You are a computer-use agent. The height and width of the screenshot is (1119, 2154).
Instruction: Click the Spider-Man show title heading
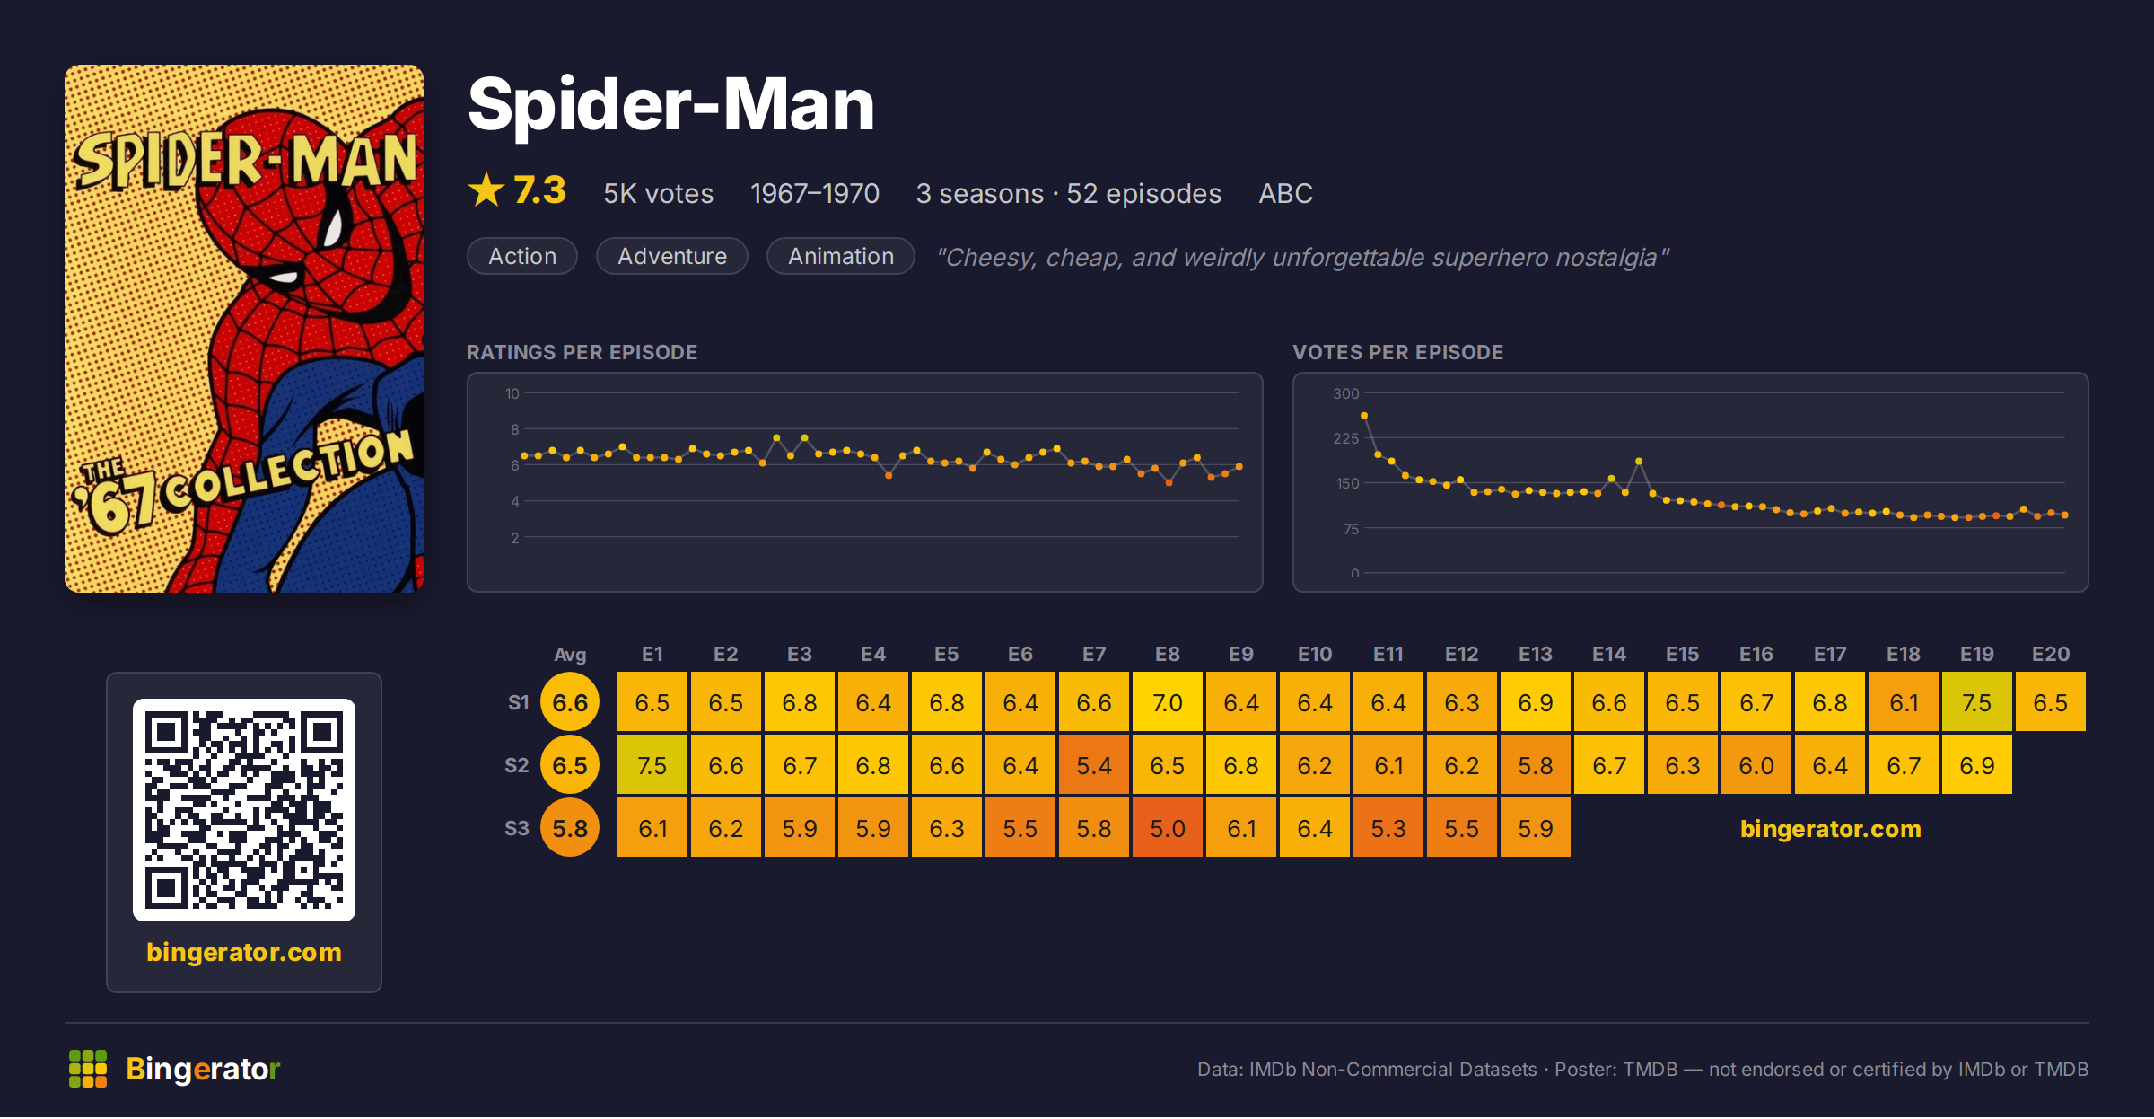[670, 104]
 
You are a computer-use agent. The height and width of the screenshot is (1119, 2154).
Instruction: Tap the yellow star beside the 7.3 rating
[486, 189]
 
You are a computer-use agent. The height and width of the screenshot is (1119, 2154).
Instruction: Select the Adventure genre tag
[672, 256]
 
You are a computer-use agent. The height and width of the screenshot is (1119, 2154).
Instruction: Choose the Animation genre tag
[841, 256]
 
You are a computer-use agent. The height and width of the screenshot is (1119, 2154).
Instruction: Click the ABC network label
[1285, 193]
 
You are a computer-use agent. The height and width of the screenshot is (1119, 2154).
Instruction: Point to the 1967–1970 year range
[815, 193]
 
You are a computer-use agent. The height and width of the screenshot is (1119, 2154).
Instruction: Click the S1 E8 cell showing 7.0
[1168, 702]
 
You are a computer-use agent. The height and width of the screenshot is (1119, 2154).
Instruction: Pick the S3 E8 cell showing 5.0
[1168, 828]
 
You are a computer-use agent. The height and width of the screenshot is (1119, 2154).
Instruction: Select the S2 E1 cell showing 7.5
[652, 765]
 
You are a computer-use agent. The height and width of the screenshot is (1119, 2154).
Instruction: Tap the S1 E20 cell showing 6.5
[2051, 702]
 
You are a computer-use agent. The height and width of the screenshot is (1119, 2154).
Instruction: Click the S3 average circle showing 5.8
[570, 828]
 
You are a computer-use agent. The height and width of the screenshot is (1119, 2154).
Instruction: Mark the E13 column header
[1536, 654]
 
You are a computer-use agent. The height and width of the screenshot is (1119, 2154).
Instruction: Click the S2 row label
[517, 765]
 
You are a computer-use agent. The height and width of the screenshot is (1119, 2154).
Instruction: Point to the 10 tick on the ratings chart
[512, 393]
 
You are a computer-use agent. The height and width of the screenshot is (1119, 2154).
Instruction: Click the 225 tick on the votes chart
[1346, 438]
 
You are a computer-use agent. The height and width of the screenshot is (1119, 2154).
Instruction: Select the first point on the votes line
[1364, 416]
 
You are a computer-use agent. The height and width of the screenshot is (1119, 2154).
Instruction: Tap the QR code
[244, 810]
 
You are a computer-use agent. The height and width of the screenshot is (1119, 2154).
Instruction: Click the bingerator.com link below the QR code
[244, 952]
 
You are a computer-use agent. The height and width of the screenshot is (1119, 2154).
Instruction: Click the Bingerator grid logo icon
[88, 1069]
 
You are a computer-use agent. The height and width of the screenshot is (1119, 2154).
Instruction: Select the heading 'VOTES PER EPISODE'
[1398, 352]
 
